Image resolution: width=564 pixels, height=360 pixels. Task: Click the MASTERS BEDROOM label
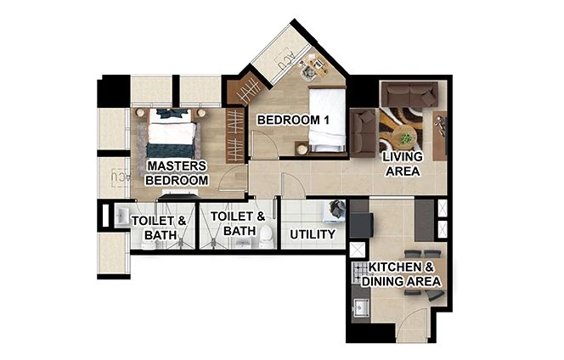[x=177, y=172]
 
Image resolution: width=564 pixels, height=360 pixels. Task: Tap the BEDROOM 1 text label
[x=293, y=120]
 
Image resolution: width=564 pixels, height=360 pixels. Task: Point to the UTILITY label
[x=313, y=233]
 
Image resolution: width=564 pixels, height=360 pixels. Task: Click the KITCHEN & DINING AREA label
[x=398, y=273]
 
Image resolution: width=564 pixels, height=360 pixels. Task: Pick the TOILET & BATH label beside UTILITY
[x=232, y=223]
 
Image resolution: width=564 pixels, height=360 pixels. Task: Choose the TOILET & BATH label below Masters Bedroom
[x=154, y=227]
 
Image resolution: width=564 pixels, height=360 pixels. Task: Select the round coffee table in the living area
[x=406, y=135]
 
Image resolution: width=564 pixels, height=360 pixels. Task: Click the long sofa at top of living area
[x=409, y=93]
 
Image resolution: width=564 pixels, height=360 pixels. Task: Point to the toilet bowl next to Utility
[x=265, y=234]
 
